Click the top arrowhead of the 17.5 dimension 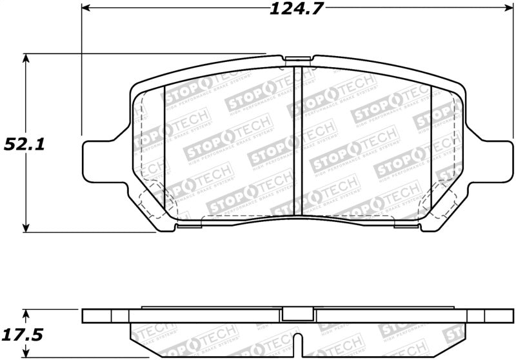tap(26, 312)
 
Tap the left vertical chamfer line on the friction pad tap(165, 142)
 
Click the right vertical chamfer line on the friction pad tap(430, 142)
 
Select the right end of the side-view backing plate tap(502, 316)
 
